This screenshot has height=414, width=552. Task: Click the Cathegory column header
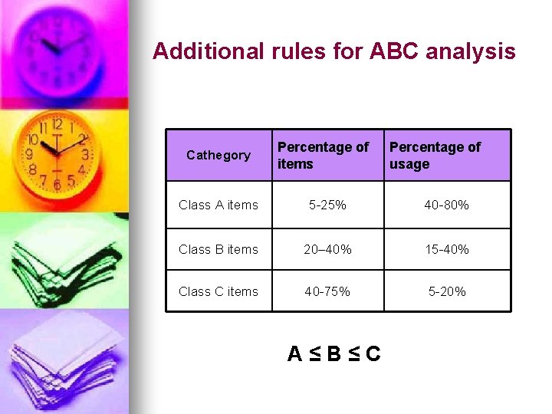point(219,156)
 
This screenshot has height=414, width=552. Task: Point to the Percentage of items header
point(323,155)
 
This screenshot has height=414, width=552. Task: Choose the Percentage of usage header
point(435,155)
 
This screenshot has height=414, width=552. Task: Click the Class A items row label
point(219,205)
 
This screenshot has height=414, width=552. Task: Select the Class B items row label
point(219,249)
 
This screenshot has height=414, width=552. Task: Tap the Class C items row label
point(219,291)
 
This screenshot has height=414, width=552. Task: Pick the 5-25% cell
point(327,205)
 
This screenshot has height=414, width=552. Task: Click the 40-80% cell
point(446,205)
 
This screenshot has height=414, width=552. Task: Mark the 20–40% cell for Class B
point(327,249)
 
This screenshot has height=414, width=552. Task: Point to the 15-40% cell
point(446,249)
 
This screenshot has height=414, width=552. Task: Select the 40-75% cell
point(327,291)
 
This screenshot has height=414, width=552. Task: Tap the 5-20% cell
point(446,291)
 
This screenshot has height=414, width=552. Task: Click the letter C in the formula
point(373,353)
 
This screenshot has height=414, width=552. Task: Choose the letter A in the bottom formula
point(295,353)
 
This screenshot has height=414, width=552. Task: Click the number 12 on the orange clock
point(57,123)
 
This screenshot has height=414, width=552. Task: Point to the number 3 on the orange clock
point(85,155)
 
